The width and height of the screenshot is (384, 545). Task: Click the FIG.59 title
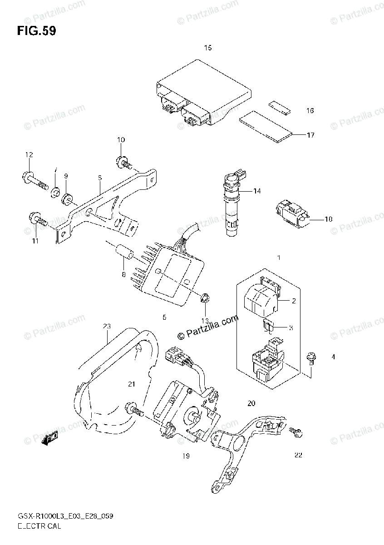click(x=37, y=31)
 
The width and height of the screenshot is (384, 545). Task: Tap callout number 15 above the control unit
click(x=208, y=48)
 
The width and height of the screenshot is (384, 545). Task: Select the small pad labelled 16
click(x=280, y=106)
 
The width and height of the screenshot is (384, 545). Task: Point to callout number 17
click(x=310, y=135)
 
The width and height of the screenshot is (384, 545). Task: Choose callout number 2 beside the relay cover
click(x=293, y=300)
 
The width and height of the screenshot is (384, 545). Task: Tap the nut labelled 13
click(x=204, y=298)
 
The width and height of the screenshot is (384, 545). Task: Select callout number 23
click(x=107, y=326)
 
